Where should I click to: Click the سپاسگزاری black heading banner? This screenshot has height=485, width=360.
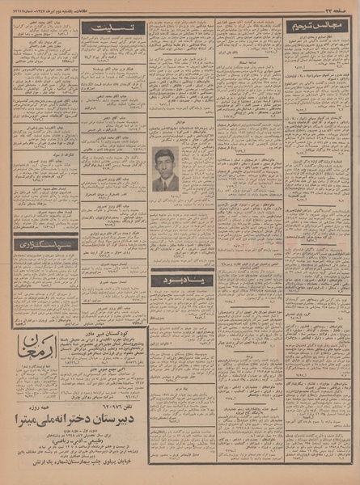point(44,241)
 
